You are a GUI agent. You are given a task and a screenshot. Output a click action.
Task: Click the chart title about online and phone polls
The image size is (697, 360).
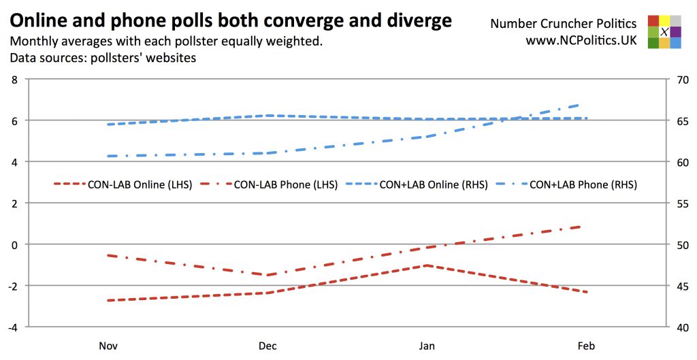(x=231, y=20)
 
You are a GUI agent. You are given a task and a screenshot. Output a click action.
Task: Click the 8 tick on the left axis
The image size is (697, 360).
(x=14, y=80)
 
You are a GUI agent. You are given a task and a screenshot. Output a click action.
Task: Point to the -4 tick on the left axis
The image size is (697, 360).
(x=12, y=327)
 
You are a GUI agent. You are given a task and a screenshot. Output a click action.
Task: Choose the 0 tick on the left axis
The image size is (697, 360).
(x=14, y=244)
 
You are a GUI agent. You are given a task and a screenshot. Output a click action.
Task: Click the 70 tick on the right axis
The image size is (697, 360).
(x=678, y=80)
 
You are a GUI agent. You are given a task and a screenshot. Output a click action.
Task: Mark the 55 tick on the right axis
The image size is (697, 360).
(x=678, y=203)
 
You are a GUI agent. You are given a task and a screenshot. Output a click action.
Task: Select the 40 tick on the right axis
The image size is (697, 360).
(x=678, y=327)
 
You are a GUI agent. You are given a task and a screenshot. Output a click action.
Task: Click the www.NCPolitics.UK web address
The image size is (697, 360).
(x=581, y=41)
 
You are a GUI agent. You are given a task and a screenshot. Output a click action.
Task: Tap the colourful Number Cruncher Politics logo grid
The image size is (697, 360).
(x=664, y=32)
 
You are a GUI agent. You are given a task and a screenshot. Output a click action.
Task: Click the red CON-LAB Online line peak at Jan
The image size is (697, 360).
(x=427, y=265)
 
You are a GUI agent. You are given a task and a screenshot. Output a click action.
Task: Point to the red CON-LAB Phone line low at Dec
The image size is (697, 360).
(x=268, y=275)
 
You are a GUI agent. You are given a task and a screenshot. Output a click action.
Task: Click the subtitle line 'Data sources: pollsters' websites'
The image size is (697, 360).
(x=103, y=58)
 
